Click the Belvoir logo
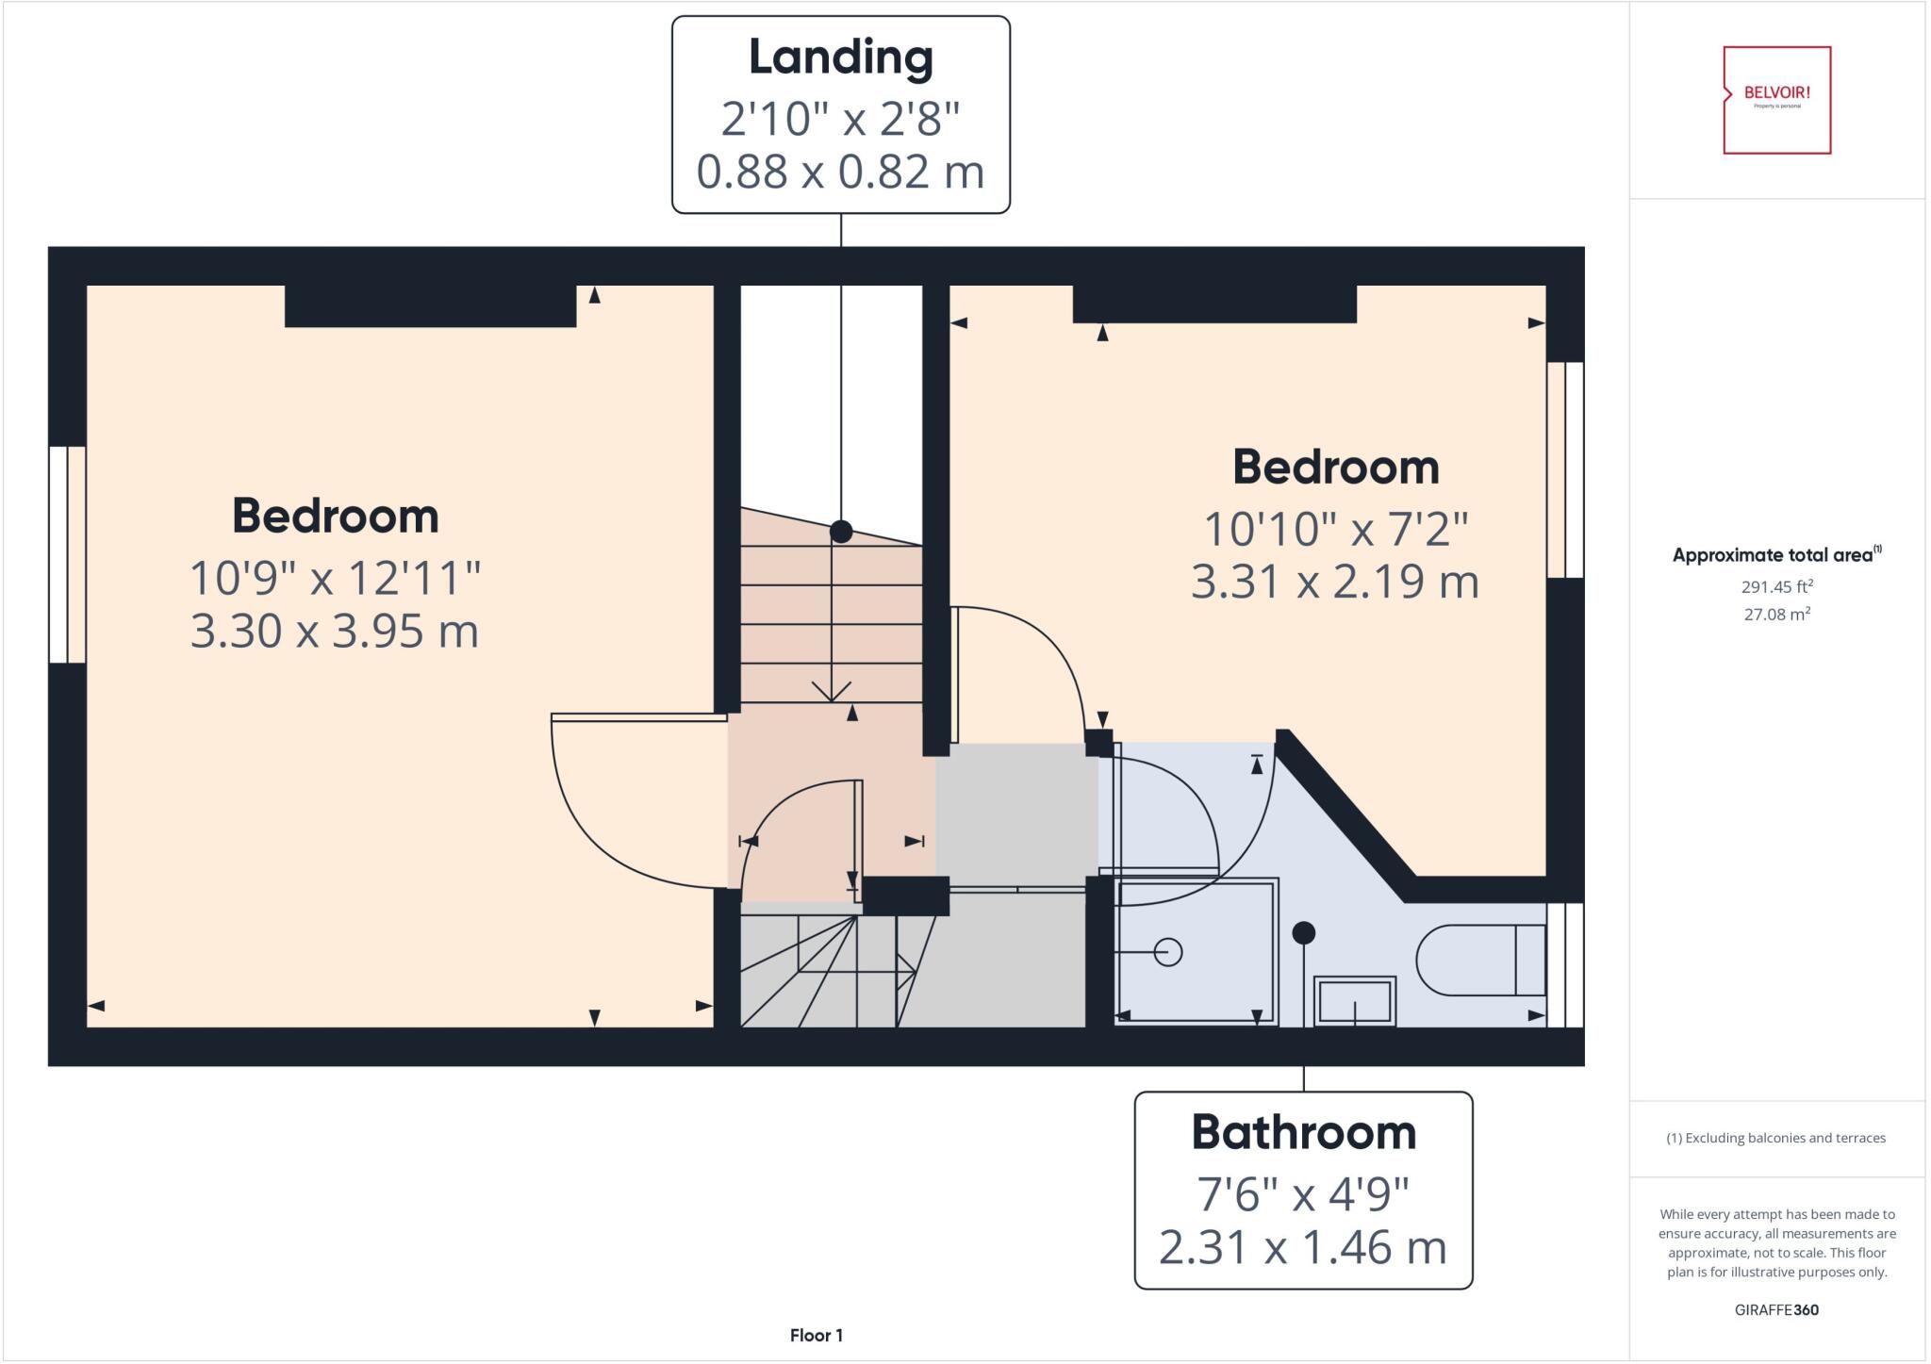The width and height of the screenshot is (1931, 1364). (x=1776, y=99)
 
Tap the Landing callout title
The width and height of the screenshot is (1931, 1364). (x=840, y=58)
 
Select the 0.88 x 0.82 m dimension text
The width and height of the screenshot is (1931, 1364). (x=840, y=172)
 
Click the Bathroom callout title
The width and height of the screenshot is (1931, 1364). (x=1303, y=1132)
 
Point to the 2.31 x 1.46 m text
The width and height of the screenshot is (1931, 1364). (x=1302, y=1247)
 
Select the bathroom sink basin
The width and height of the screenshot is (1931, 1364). (x=1354, y=1001)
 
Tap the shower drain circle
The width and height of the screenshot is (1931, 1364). (x=1168, y=952)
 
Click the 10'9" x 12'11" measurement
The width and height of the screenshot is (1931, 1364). (x=335, y=578)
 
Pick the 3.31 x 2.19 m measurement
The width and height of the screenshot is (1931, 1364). (x=1334, y=582)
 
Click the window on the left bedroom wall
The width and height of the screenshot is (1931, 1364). (x=67, y=554)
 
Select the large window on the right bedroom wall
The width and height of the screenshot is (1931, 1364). (x=1565, y=469)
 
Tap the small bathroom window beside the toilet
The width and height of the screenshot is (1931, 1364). (x=1566, y=964)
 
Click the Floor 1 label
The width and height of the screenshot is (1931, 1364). (x=816, y=1335)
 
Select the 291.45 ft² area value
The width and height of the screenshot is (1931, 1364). (x=1776, y=586)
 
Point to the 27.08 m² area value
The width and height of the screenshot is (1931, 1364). (x=1776, y=615)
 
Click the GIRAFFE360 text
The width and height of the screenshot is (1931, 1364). (x=1776, y=1309)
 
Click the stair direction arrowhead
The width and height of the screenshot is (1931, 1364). (x=831, y=693)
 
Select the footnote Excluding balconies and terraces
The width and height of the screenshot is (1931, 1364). (x=1775, y=1138)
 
